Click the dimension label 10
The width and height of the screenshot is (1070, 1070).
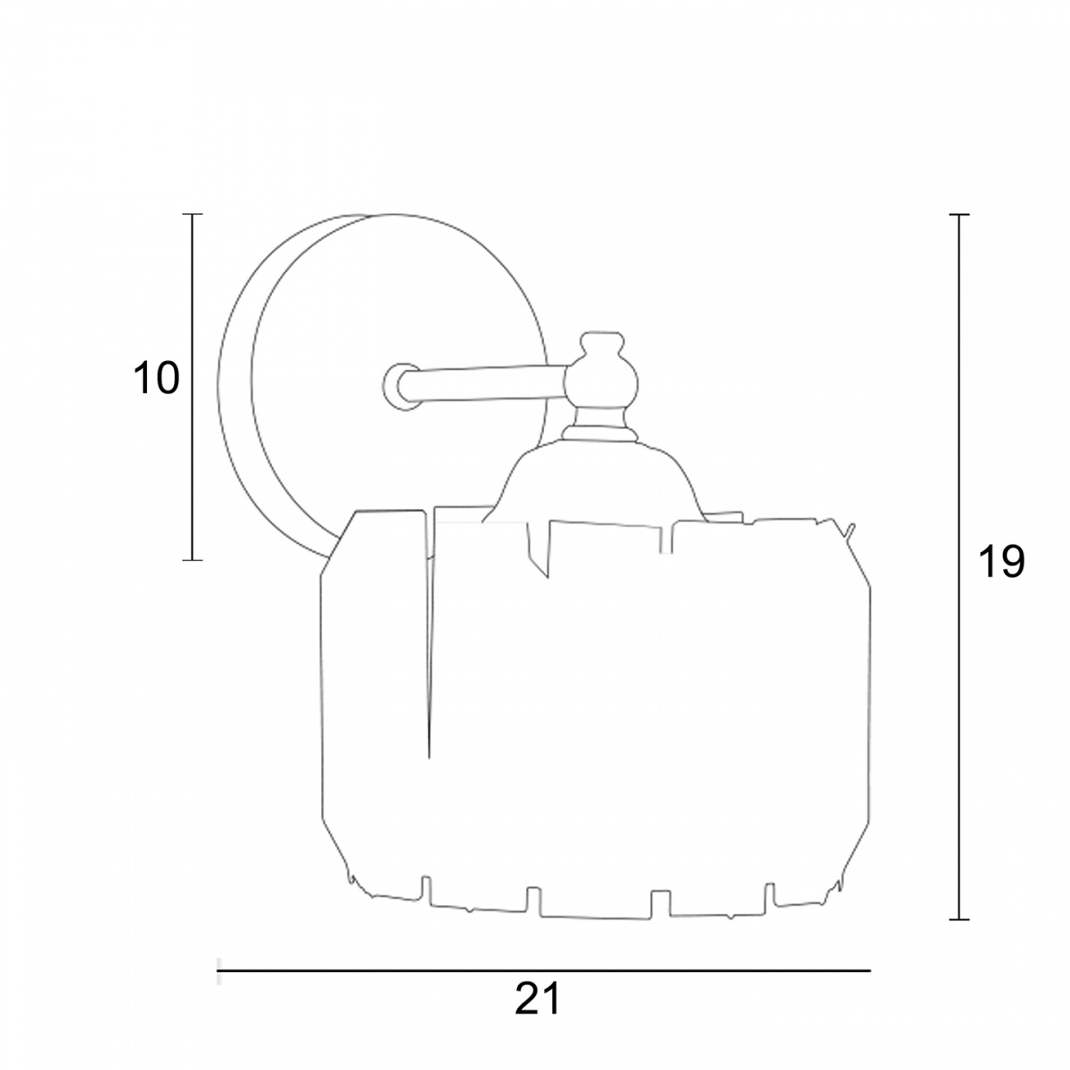pos(157,379)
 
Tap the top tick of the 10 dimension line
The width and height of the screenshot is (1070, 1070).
pos(192,214)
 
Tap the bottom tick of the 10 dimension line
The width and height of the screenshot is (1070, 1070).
pos(192,560)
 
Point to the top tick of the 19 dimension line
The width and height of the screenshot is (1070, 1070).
pos(959,214)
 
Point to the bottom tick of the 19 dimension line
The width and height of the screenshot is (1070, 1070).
pos(959,919)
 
